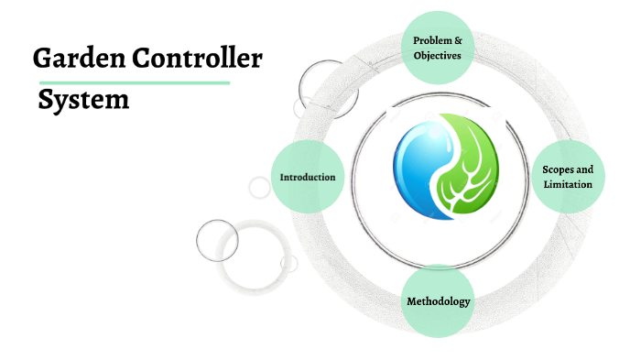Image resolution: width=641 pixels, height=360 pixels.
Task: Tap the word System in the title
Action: tap(83, 99)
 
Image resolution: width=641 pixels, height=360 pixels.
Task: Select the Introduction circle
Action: tap(308, 177)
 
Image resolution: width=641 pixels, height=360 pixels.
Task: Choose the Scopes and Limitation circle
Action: tap(568, 177)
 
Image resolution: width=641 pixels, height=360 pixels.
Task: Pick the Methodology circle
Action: tap(438, 301)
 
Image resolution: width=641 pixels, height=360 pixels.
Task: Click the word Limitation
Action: tap(568, 184)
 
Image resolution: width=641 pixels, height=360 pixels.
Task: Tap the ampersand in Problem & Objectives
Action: tap(457, 40)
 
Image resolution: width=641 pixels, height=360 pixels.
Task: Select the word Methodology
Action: tap(438, 301)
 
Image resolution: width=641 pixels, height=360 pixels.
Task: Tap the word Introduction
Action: tap(308, 177)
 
